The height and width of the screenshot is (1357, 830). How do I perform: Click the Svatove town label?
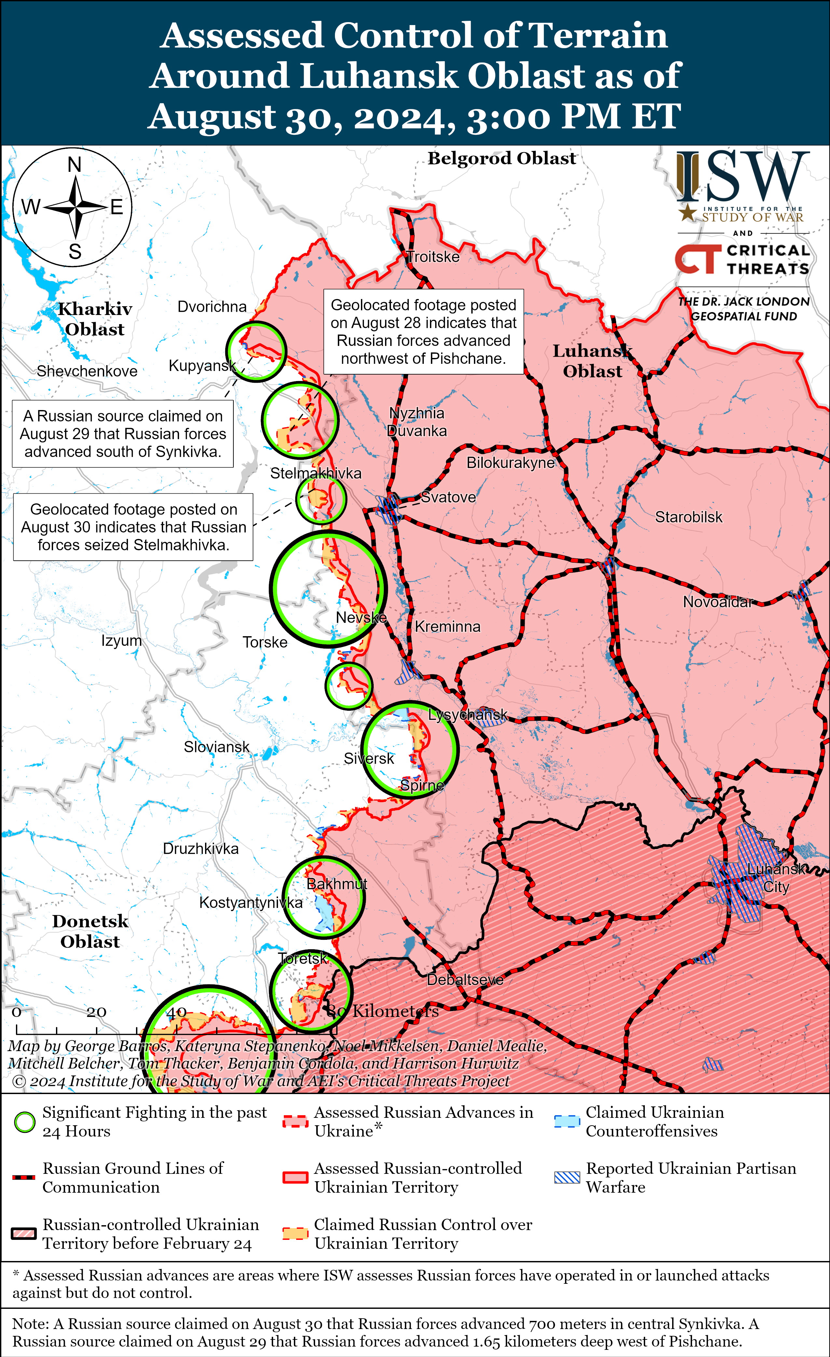448,497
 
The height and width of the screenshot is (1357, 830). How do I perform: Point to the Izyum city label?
121,641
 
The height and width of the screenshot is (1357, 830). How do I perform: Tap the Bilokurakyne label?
510,463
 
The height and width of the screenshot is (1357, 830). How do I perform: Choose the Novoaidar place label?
717,602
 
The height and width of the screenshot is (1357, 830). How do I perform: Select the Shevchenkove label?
87,371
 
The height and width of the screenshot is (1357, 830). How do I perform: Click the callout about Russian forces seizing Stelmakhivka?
133,527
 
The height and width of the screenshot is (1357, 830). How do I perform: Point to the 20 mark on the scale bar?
96,1012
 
